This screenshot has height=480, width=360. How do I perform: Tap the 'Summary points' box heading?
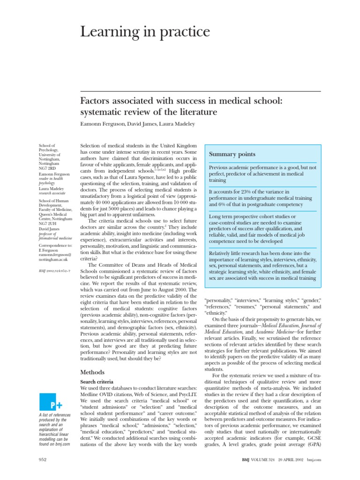tap(232, 154)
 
